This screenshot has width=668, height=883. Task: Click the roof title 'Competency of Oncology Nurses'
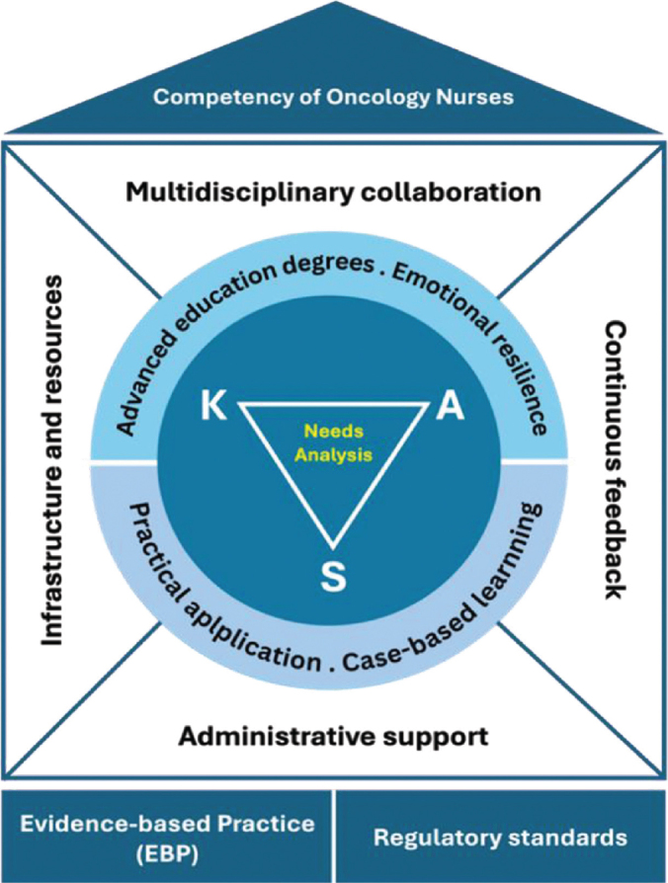tap(334, 99)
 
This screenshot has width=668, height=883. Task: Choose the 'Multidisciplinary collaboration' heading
tap(334, 191)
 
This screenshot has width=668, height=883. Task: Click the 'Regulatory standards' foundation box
tap(500, 837)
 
